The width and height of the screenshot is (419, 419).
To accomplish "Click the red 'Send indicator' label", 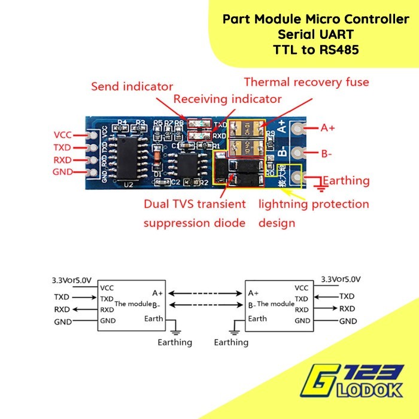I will [132, 86].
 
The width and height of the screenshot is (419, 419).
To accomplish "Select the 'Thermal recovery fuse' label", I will [306, 82].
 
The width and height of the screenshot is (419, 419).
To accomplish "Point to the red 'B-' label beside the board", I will [326, 154].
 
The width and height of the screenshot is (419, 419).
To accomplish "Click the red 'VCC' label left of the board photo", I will [62, 134].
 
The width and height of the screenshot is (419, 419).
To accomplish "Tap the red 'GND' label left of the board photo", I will [62, 172].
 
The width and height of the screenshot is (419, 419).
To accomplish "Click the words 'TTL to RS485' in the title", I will [316, 50].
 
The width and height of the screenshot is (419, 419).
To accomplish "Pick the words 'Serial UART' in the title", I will [316, 35].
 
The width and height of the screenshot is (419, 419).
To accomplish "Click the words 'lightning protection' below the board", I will [314, 204].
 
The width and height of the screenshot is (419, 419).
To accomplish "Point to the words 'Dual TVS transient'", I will [195, 204].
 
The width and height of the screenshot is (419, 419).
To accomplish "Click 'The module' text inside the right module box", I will [275, 304].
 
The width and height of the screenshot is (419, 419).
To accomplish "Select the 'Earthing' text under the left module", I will [175, 342].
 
